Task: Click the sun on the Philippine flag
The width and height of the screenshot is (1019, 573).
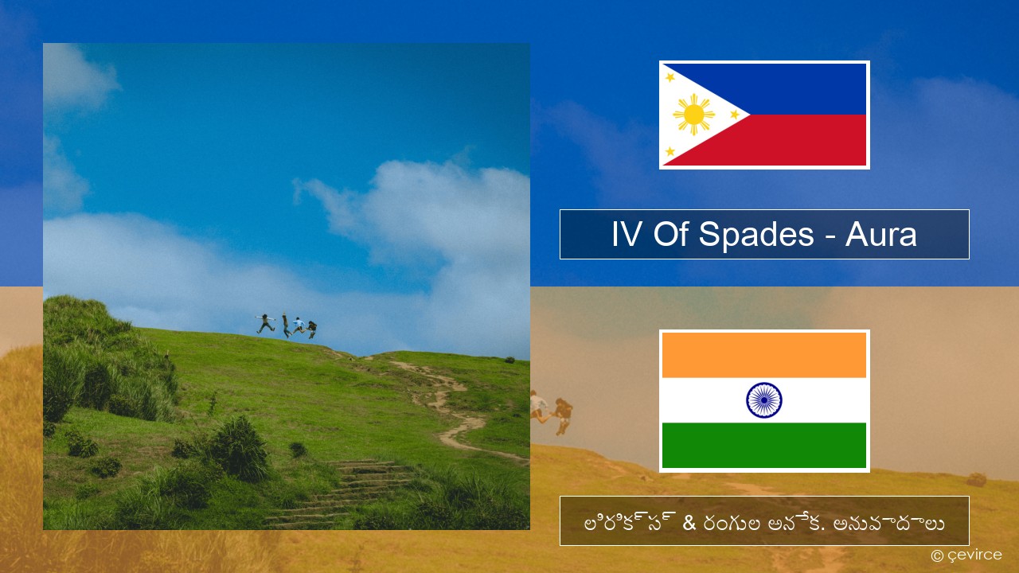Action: [693, 115]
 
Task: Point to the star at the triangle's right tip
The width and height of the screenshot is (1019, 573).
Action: [735, 115]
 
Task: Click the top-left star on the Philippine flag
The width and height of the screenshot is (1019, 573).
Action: [670, 77]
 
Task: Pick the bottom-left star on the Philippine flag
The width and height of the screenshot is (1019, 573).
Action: [670, 151]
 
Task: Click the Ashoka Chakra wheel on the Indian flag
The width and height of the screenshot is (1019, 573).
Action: [763, 400]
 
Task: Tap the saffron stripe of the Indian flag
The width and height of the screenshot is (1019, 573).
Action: [763, 355]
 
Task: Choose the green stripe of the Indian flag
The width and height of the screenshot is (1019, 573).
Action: [763, 445]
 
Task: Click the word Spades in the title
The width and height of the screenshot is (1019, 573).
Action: [755, 235]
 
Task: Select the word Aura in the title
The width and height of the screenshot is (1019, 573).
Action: [880, 235]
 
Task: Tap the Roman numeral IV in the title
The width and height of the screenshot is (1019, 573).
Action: [627, 235]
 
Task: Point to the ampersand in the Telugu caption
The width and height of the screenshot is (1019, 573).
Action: [689, 523]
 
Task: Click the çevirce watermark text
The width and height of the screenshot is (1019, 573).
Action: [974, 555]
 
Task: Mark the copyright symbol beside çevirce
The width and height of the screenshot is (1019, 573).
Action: [937, 555]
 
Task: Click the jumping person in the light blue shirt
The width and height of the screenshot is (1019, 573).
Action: [299, 325]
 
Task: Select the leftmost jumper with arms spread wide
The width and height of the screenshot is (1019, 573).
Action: [265, 323]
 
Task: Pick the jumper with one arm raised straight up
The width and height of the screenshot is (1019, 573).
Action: [286, 325]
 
